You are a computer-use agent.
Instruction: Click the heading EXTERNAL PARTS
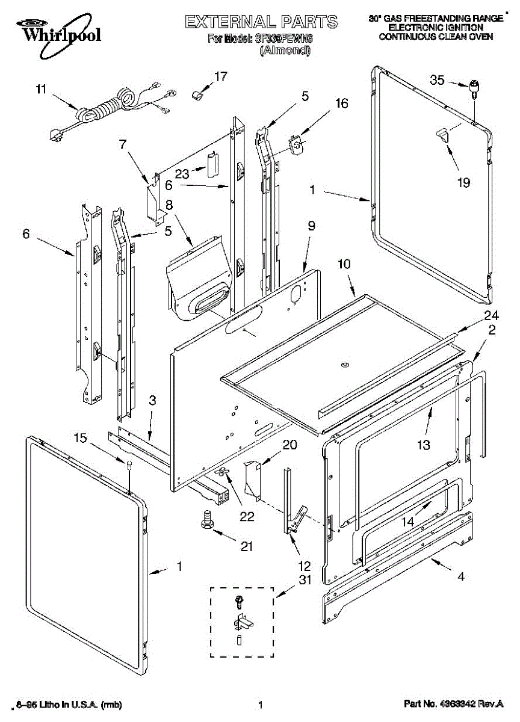(x=261, y=22)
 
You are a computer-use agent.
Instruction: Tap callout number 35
(x=437, y=79)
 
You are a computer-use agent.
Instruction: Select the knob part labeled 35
(x=474, y=88)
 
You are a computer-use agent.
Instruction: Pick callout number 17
(x=221, y=76)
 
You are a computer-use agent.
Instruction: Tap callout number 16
(x=341, y=103)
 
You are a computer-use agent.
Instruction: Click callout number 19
(x=463, y=183)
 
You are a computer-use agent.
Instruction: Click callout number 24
(x=491, y=315)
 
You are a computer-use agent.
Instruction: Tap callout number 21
(x=246, y=546)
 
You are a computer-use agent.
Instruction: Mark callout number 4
(x=460, y=576)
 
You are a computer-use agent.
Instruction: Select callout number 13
(x=424, y=445)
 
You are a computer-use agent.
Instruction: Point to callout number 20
(x=289, y=445)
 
